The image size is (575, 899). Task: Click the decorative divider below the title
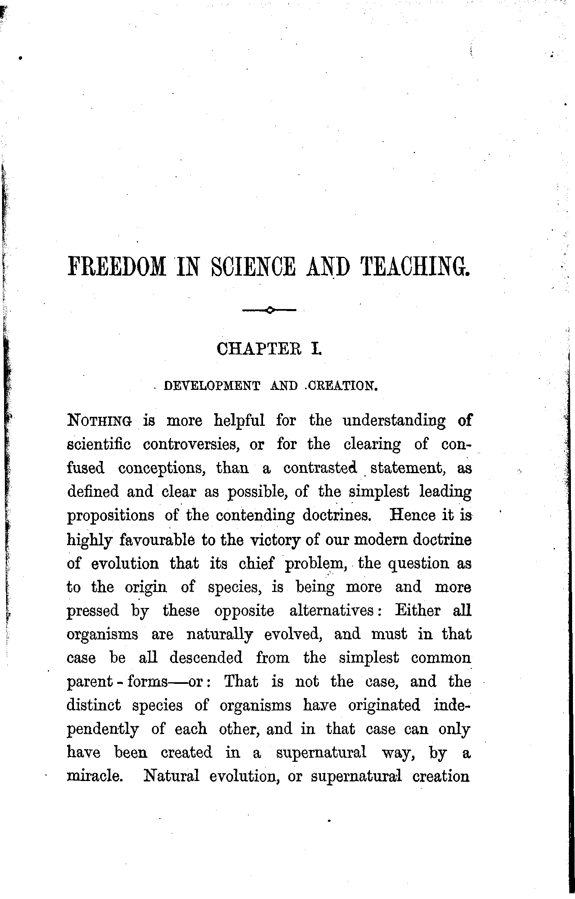(x=269, y=311)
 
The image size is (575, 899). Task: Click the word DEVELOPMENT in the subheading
(x=212, y=386)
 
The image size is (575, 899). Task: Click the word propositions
(x=111, y=516)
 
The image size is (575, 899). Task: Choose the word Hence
(x=412, y=515)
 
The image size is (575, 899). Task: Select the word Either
(x=418, y=611)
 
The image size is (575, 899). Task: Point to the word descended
(x=206, y=659)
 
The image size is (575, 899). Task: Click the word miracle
(x=94, y=776)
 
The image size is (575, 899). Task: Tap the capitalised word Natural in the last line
(x=171, y=776)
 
